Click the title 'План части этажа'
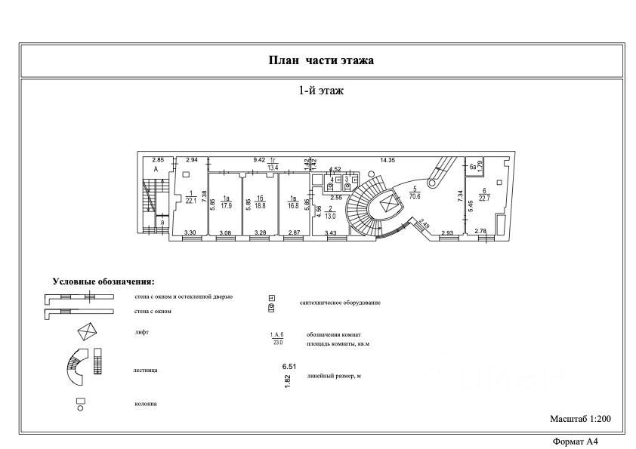(x=321, y=60)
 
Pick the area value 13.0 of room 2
(x=330, y=216)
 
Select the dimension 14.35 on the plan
(x=388, y=160)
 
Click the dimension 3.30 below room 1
(x=191, y=232)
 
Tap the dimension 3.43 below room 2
(x=330, y=232)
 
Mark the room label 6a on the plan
(x=473, y=166)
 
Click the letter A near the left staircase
(x=156, y=171)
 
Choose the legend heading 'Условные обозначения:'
(x=103, y=281)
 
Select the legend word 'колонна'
(x=147, y=404)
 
